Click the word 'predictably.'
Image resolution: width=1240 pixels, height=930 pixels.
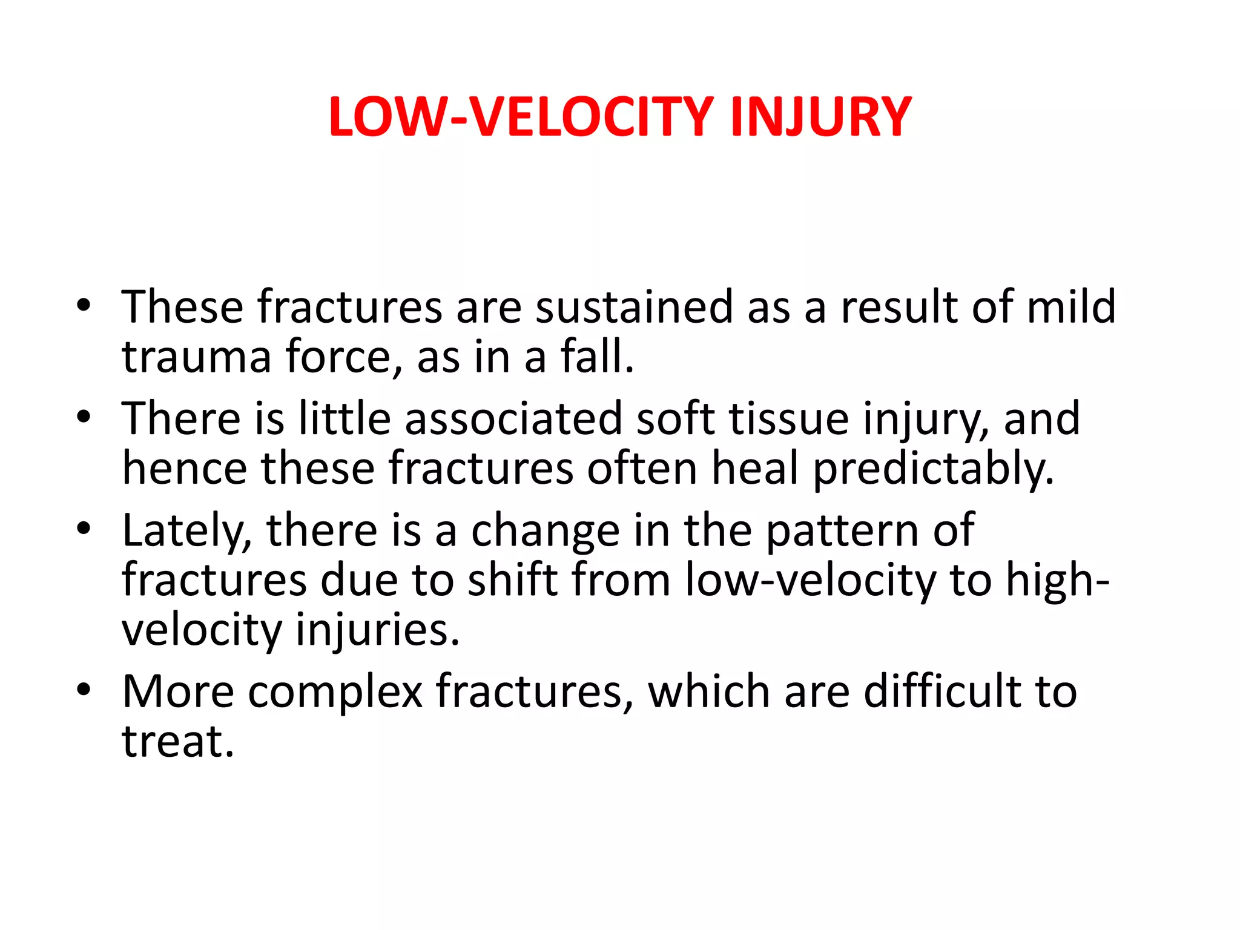click(933, 469)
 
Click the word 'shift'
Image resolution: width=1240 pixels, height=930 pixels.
click(512, 580)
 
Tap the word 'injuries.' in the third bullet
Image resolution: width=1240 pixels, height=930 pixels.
click(378, 630)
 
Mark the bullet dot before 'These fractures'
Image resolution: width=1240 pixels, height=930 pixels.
click(84, 305)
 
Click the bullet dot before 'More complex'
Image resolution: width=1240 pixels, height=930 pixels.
click(84, 690)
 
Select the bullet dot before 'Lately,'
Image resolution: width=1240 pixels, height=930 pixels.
click(84, 529)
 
